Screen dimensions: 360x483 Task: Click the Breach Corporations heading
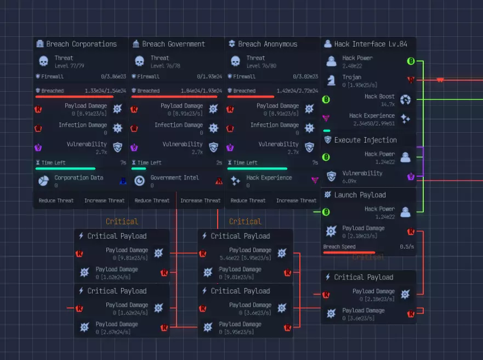coord(81,44)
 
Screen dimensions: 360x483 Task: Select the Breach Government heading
coord(173,44)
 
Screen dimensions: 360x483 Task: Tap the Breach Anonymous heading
coord(268,44)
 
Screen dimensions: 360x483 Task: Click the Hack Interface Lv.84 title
coord(371,44)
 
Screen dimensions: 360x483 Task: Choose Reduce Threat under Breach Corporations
coord(56,201)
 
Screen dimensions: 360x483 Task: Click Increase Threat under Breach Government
coord(200,201)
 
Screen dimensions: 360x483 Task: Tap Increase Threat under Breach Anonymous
coord(296,201)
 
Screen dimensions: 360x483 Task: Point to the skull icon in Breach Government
coord(140,61)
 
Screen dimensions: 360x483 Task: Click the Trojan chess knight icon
coord(331,80)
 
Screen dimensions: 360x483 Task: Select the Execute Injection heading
coord(365,140)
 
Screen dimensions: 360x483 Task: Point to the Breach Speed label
coord(339,247)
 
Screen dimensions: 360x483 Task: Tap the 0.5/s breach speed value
coord(407,247)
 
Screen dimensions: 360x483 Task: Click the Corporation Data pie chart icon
coord(44,181)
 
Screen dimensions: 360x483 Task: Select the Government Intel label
coord(174,178)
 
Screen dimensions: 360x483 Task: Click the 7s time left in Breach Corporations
coord(123,163)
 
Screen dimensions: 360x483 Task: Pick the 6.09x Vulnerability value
coord(350,181)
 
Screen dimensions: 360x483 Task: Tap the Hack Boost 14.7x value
coord(388,104)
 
